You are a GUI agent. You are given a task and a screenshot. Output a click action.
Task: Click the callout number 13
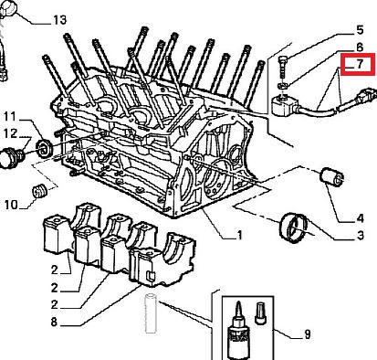click(x=60, y=20)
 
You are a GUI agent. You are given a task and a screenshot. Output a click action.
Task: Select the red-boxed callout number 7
click(x=360, y=64)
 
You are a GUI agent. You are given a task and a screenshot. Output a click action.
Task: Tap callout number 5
click(x=360, y=30)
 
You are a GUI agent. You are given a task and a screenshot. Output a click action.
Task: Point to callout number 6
click(x=360, y=48)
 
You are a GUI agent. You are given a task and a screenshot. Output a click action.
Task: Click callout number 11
click(x=9, y=116)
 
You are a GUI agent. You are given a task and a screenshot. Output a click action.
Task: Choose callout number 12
click(x=11, y=133)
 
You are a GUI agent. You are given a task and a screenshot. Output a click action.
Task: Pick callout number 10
click(x=11, y=205)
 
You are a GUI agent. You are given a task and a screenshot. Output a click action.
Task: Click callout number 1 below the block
click(x=239, y=235)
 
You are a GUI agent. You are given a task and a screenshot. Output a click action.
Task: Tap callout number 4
click(x=360, y=218)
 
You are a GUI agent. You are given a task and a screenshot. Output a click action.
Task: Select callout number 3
click(x=360, y=235)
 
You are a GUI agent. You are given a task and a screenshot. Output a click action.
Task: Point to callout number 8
click(x=54, y=322)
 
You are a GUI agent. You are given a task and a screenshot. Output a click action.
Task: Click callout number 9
click(x=308, y=334)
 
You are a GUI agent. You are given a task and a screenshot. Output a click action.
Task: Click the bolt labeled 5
click(x=282, y=68)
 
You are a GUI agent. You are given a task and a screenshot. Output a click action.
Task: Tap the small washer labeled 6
click(x=282, y=85)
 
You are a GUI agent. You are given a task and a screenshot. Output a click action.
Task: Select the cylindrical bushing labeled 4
click(x=331, y=176)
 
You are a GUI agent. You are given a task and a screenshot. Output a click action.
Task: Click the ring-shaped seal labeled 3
click(x=294, y=228)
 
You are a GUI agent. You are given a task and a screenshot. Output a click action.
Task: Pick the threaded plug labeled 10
click(x=39, y=191)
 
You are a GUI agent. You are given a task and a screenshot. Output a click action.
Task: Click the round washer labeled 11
click(x=45, y=148)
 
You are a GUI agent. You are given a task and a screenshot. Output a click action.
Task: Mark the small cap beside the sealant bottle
click(x=260, y=313)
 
